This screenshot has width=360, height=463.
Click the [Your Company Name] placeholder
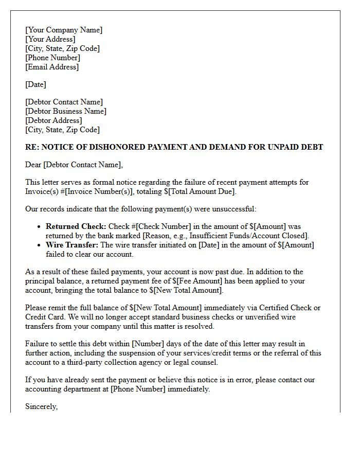point(64,30)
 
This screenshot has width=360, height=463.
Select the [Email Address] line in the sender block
point(52,67)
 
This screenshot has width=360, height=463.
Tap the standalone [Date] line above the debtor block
point(35,84)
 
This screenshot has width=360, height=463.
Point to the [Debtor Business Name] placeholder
point(66,111)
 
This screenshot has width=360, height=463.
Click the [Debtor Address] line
point(53,120)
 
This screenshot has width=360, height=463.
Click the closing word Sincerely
point(41,406)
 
